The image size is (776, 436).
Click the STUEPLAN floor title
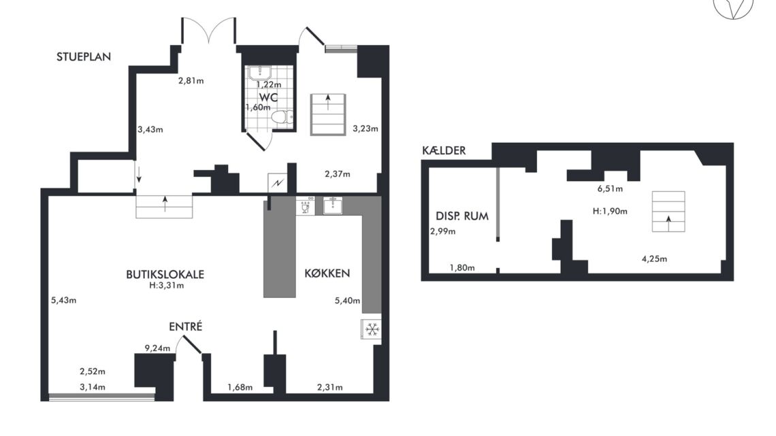[x=84, y=57]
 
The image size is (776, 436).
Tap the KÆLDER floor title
[x=444, y=151]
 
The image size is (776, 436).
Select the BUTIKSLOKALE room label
[x=165, y=274]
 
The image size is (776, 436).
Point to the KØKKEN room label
[x=327, y=273]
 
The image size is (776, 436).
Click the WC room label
[x=269, y=97]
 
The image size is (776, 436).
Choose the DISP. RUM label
[x=462, y=216]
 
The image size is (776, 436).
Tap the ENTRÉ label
[x=186, y=326]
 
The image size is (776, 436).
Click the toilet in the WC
[x=282, y=118]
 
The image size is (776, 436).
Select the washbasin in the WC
[x=259, y=73]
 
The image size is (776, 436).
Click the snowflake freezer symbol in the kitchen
[x=372, y=329]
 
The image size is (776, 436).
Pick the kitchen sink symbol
[x=333, y=205]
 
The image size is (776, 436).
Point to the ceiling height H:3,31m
[x=166, y=285]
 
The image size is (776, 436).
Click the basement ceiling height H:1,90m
[x=610, y=211]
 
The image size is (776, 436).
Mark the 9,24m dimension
[x=157, y=348]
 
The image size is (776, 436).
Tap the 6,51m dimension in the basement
[x=610, y=188]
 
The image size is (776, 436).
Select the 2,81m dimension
[x=191, y=80]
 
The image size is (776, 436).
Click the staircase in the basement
[x=668, y=212]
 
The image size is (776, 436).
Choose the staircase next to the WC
[x=327, y=114]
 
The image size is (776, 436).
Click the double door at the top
[x=208, y=31]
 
